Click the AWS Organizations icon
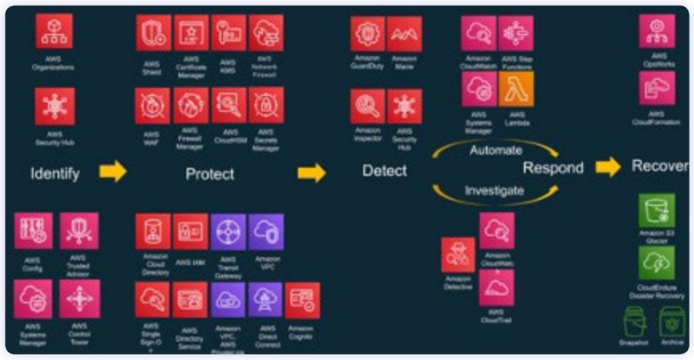pos(54,31)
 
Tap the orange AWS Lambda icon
pos(516,89)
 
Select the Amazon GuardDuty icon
pos(367,34)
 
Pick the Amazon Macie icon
pos(405,34)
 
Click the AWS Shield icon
pos(152,33)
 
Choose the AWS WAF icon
pos(152,105)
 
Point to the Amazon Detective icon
pos(458,255)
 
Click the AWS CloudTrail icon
pos(496,288)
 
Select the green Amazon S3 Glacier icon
pos(656,210)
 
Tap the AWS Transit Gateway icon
pos(228,232)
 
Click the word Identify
pos(55,174)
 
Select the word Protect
pos(210,174)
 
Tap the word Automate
pos(496,151)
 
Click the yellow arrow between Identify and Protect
pos(113,172)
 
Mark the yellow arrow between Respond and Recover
pos(607,167)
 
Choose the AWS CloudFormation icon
pos(656,89)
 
